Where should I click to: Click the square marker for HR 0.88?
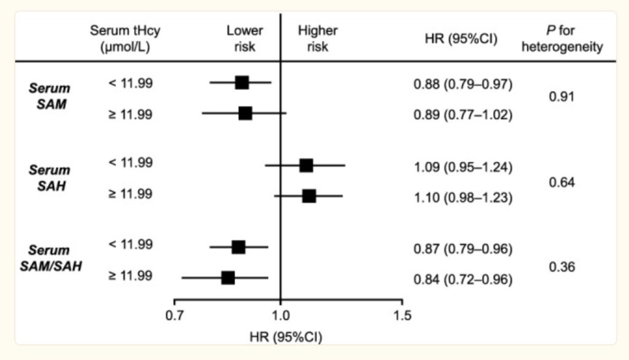(x=242, y=83)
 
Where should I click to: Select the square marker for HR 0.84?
(x=228, y=278)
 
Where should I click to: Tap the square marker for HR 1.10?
(x=309, y=196)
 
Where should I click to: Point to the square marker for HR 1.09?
(x=306, y=165)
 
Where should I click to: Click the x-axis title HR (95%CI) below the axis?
(x=286, y=337)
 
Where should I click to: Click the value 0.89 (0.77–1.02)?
(x=463, y=114)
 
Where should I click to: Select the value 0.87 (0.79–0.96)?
(x=463, y=249)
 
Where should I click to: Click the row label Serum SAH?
(x=50, y=178)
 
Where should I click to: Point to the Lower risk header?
(x=244, y=39)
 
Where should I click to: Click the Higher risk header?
(x=318, y=39)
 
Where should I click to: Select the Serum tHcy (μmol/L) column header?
(x=120, y=39)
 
